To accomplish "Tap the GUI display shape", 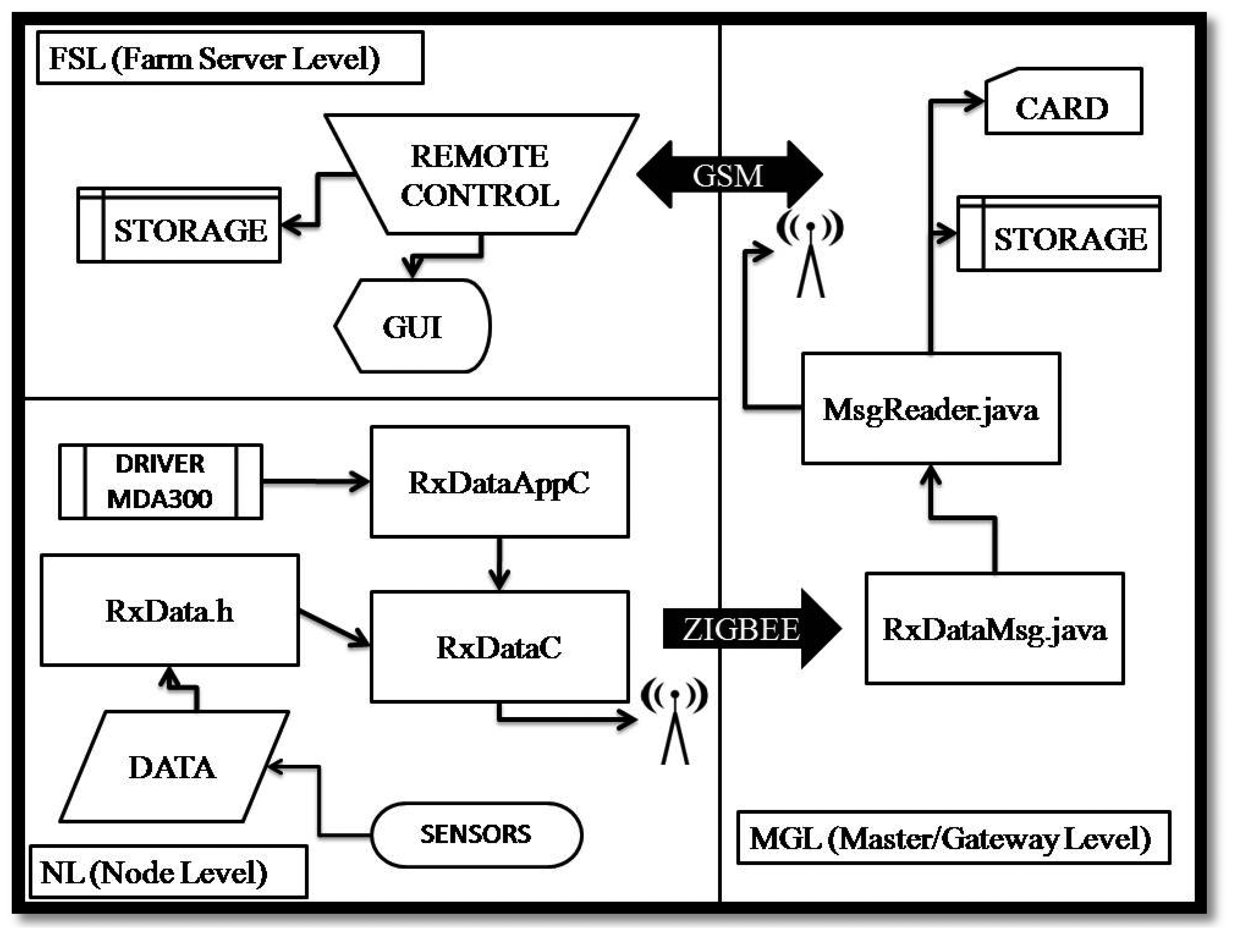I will point(413,326).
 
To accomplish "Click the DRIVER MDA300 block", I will point(161,482).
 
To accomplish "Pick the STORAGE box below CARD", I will point(1059,234).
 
